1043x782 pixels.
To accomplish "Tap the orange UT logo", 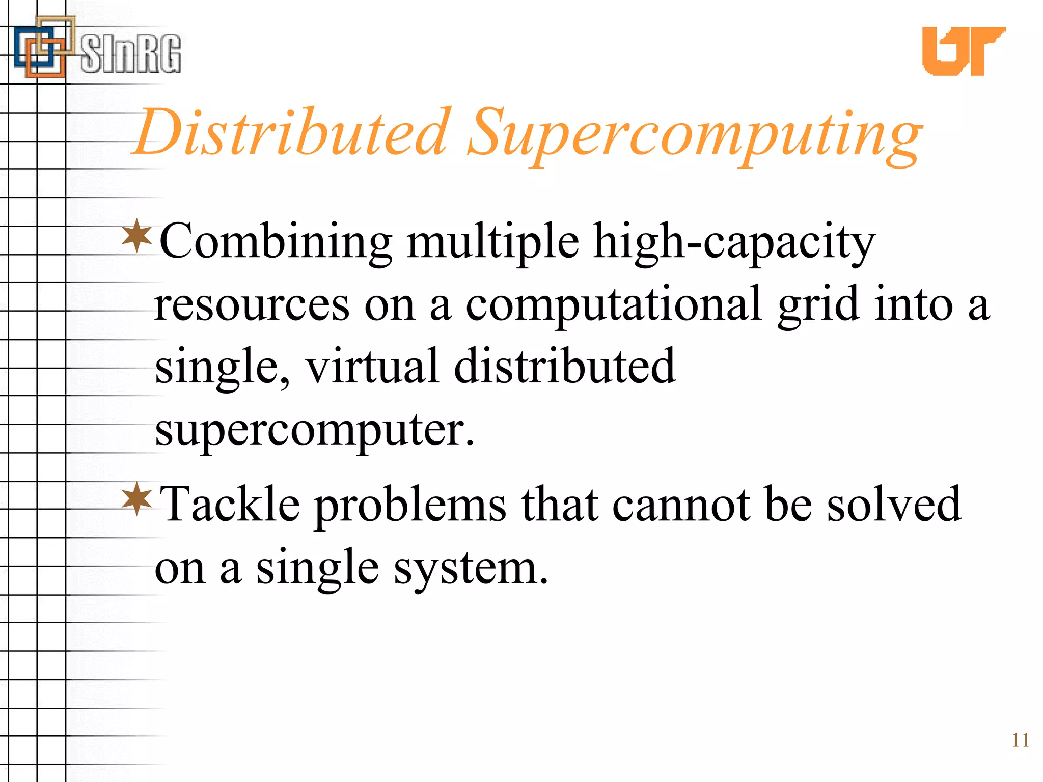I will pyautogui.click(x=963, y=51).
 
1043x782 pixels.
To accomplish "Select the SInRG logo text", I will pyautogui.click(x=130, y=53).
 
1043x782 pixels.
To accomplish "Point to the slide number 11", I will pyautogui.click(x=1020, y=740).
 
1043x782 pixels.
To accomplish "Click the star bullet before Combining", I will pyautogui.click(x=137, y=235).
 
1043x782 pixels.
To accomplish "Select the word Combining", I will pyautogui.click(x=276, y=241).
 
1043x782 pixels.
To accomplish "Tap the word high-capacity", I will pyautogui.click(x=734, y=242).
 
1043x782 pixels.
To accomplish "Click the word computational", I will pyautogui.click(x=614, y=305).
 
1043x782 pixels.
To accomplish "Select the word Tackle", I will pyautogui.click(x=230, y=504).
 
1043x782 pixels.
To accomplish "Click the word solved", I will pyautogui.click(x=894, y=504).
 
